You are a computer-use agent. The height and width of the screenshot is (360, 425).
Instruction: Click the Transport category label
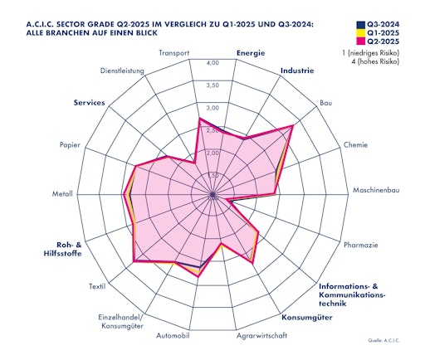[173, 53]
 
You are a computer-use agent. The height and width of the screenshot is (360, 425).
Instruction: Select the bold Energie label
[250, 53]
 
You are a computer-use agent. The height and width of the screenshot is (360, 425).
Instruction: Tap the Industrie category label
[298, 71]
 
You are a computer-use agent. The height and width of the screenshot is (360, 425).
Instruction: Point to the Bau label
[325, 104]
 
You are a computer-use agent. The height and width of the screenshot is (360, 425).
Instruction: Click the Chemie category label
[354, 144]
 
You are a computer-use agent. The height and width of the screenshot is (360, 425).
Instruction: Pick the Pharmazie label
[361, 245]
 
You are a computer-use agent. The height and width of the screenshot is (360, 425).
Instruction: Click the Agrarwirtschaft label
[261, 335]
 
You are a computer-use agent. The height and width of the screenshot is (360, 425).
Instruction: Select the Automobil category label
[173, 335]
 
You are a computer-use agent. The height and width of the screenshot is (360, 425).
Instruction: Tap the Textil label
[95, 287]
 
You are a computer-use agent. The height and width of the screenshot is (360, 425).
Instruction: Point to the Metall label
[62, 195]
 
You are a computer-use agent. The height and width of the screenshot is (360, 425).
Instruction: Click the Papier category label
[70, 145]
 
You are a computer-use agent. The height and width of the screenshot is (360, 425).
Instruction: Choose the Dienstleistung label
[122, 71]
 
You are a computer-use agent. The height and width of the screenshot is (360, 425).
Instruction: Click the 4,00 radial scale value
[212, 63]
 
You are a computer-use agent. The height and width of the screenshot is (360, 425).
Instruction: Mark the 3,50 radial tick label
[212, 85]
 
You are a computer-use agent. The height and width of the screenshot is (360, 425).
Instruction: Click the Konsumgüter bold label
[306, 319]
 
